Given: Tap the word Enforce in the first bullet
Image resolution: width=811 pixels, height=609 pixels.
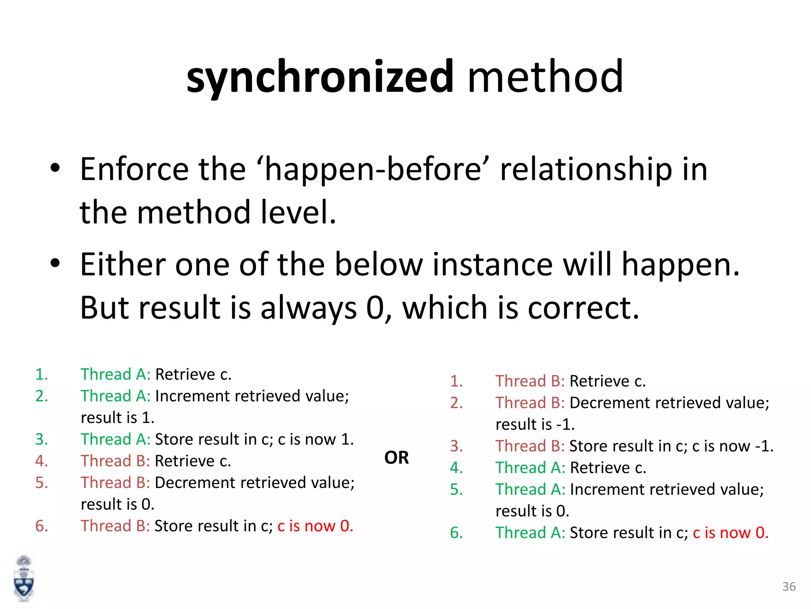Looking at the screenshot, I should [x=134, y=169].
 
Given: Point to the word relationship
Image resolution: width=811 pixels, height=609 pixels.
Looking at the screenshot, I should [x=586, y=169].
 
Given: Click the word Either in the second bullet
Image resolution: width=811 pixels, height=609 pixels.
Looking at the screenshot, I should [x=122, y=264].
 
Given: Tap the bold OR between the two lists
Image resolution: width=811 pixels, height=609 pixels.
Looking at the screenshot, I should [x=396, y=458].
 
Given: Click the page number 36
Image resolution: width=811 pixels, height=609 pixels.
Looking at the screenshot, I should [x=789, y=587].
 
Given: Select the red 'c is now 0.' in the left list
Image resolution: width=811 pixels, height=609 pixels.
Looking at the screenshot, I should [x=315, y=526].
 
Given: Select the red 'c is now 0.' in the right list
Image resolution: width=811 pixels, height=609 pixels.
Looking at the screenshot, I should [x=731, y=533].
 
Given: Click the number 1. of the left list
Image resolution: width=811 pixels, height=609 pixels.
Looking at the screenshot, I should [x=42, y=374].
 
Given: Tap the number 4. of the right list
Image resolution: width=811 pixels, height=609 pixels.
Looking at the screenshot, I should [x=456, y=468].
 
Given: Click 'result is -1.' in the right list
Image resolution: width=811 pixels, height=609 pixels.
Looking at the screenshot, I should [x=535, y=425].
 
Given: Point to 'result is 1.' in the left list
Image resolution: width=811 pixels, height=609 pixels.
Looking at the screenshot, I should [x=118, y=418].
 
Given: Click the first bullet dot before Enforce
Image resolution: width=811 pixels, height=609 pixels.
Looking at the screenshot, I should [x=55, y=168].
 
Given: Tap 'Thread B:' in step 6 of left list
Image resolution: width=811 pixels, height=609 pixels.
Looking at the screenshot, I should [x=115, y=526].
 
